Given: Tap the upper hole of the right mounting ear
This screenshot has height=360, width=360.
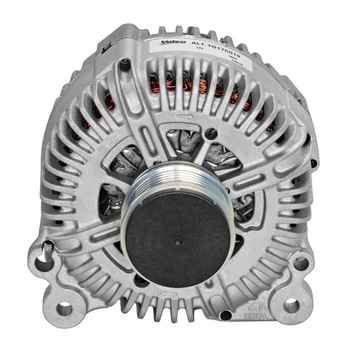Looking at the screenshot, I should (x=300, y=262).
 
